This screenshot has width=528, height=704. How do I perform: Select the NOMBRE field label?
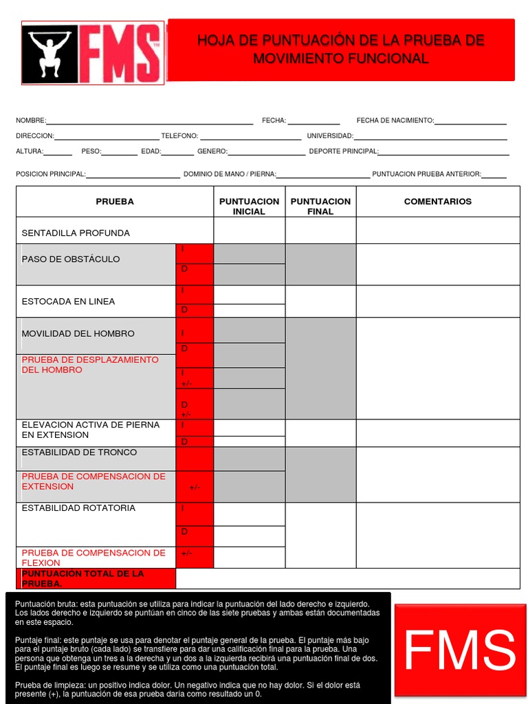(31, 120)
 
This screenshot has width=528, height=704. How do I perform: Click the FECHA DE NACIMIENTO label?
(395, 120)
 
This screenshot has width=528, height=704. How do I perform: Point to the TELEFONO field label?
(179, 136)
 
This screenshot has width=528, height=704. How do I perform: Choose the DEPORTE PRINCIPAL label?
(343, 151)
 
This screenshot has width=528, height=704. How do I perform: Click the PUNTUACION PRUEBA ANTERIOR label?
(426, 174)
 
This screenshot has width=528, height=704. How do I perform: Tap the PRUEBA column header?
(115, 201)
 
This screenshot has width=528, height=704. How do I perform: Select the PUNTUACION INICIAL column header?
(249, 206)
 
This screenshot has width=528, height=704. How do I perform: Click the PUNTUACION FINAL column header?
(320, 206)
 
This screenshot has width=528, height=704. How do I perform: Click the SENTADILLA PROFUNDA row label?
(76, 233)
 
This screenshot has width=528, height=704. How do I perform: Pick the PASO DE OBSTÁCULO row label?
(71, 259)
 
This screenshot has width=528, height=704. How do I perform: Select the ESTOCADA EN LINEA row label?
(68, 301)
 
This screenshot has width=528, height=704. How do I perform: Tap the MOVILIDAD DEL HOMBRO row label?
(78, 333)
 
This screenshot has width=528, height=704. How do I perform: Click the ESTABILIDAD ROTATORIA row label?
(78, 508)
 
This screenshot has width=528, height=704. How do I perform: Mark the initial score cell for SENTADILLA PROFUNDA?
(249, 231)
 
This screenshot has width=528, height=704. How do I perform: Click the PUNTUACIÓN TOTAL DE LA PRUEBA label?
(82, 578)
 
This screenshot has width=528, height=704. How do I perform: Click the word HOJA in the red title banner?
(213, 41)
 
